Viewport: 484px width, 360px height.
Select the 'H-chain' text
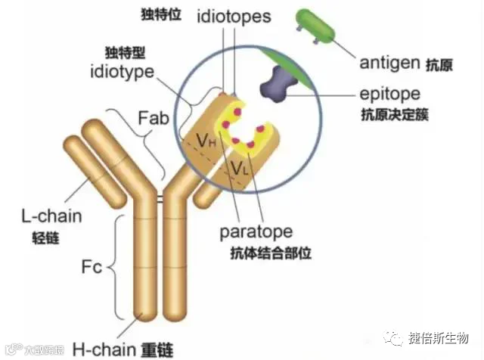(104, 349)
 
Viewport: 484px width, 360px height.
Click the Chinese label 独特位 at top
(162, 15)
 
